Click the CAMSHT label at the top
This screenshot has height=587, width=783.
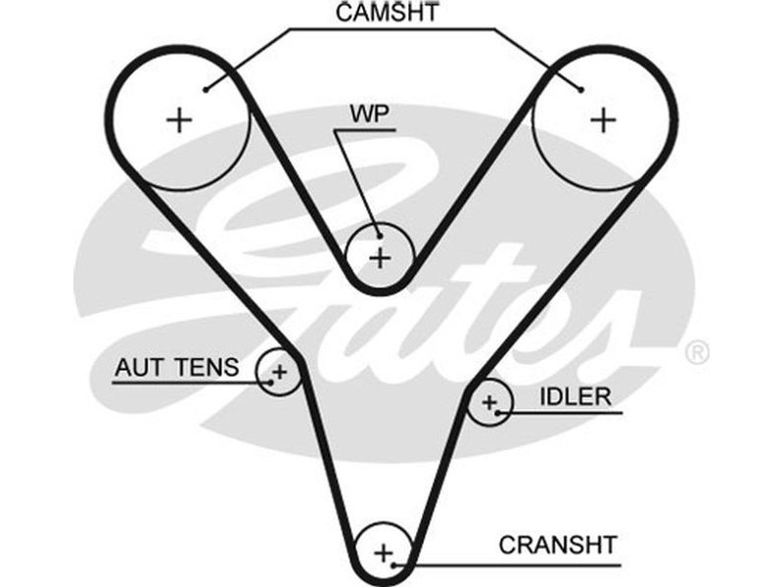click(x=386, y=13)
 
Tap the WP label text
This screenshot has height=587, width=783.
click(x=370, y=113)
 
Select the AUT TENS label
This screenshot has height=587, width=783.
click(x=176, y=368)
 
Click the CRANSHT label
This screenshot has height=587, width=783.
click(x=558, y=544)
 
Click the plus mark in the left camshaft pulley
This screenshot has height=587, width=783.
click(x=179, y=120)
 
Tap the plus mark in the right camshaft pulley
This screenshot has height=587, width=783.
click(x=604, y=120)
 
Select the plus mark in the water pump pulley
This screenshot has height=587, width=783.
click(x=381, y=258)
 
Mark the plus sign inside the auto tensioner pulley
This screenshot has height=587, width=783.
click(x=280, y=372)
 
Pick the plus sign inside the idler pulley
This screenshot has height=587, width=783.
click(x=489, y=401)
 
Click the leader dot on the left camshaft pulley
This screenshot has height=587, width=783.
click(x=207, y=90)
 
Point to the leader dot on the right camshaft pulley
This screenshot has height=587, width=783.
click(x=581, y=90)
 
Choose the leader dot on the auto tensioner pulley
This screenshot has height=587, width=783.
click(x=270, y=383)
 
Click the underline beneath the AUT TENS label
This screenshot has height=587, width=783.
click(x=186, y=383)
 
